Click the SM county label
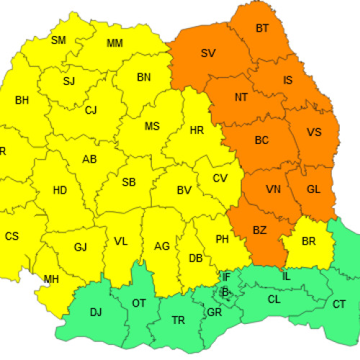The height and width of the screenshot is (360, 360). point(59,40)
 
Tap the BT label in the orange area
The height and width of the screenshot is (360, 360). point(263,29)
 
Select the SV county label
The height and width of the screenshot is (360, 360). point(208,53)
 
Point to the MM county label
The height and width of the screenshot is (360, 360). point(114,43)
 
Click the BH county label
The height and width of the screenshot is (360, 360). point(22,100)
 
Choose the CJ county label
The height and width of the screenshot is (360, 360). point(91,110)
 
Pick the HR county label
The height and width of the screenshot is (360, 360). point(197,131)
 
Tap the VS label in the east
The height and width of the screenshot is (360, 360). point(314,132)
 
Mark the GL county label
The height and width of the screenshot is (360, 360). point(313,189)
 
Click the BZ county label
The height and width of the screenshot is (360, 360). point(260,230)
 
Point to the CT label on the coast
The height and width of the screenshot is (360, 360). point(339,304)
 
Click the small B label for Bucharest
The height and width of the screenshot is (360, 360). point(225,292)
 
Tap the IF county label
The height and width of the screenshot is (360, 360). point(226,276)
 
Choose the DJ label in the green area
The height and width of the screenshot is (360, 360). point(95,312)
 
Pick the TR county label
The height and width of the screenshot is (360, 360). point(178,320)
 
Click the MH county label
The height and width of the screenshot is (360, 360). point(51,279)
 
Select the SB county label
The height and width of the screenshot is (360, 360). point(129,182)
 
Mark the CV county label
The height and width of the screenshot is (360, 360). point(221,179)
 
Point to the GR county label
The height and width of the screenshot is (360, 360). point(214,313)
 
